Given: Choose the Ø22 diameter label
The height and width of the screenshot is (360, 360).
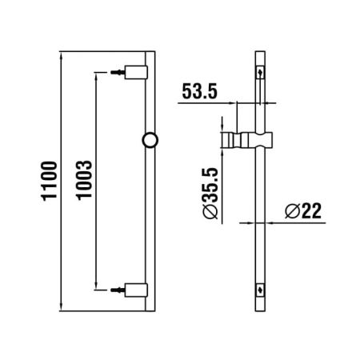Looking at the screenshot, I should (x=302, y=210).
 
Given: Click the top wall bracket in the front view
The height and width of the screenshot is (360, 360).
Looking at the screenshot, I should (x=138, y=72).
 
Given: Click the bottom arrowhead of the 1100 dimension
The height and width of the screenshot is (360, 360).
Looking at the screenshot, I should (x=62, y=308).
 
